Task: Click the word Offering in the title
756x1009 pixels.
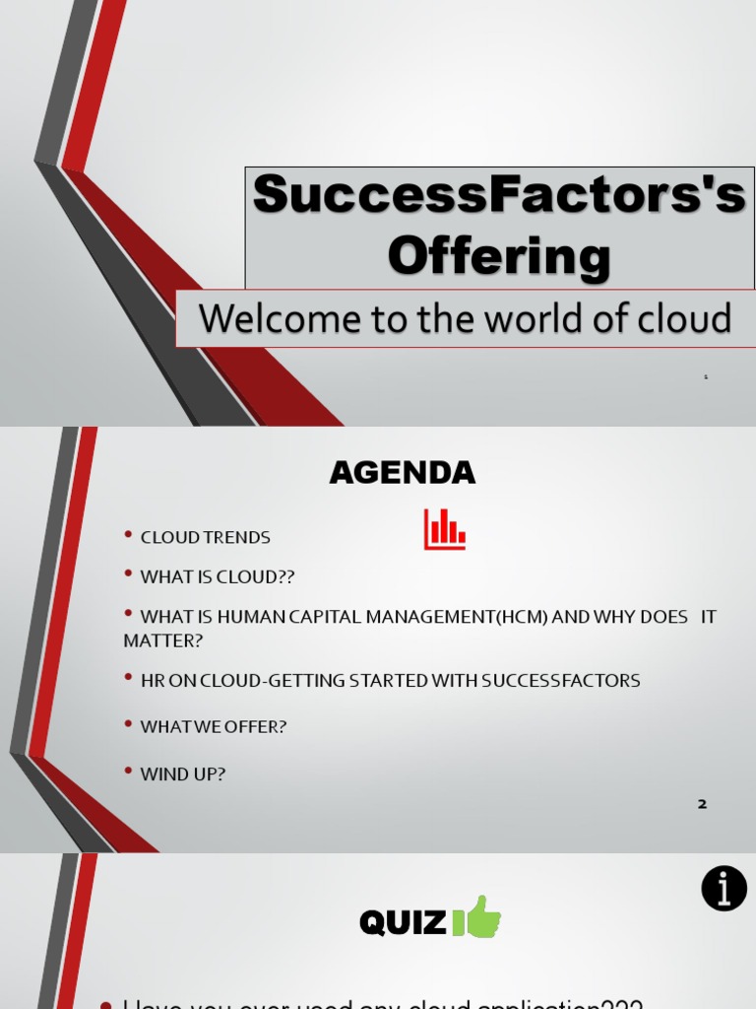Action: (499, 256)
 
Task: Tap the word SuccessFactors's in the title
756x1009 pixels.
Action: (499, 195)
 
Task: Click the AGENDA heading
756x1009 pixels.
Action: (402, 473)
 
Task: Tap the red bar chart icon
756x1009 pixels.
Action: (444, 529)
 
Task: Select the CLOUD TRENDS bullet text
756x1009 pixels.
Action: (205, 538)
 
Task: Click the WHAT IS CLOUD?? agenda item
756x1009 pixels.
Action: (218, 577)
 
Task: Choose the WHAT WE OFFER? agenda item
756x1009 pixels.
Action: (214, 727)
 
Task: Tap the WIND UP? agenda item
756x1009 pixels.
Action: (183, 774)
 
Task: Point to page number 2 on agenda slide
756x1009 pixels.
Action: (702, 804)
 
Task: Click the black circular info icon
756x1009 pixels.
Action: (724, 889)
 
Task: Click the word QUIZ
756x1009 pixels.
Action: (403, 923)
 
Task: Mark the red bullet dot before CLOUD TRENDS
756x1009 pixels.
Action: (128, 535)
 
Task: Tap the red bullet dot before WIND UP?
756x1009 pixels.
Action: (128, 772)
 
